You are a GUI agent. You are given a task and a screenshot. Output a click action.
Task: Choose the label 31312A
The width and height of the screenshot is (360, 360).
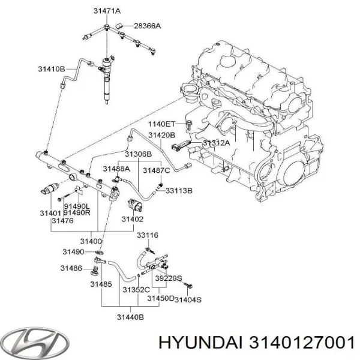pyautogui.click(x=215, y=144)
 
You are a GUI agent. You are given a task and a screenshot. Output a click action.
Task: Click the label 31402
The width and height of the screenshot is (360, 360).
pyautogui.click(x=133, y=220)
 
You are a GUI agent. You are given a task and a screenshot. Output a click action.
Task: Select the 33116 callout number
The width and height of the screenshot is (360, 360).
pyautogui.click(x=148, y=235)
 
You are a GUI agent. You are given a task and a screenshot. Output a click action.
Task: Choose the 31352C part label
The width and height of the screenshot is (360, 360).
pyautogui.click(x=135, y=291)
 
